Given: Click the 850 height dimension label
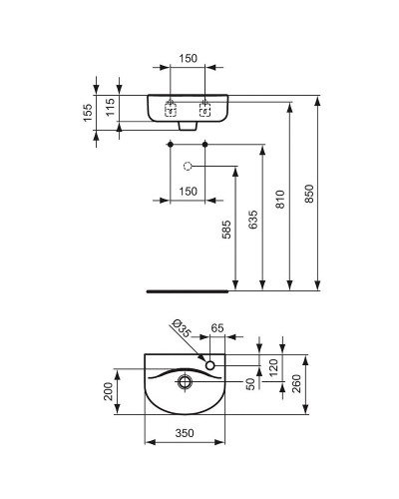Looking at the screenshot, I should pyautogui.click(x=309, y=196).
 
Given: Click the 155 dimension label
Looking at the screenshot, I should pyautogui.click(x=88, y=111).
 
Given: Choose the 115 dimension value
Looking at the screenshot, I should pyautogui.click(x=112, y=105).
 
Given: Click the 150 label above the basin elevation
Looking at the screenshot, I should pyautogui.click(x=188, y=60).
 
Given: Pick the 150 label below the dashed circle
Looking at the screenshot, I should pyautogui.click(x=188, y=191).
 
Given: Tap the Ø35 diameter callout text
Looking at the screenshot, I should pyautogui.click(x=181, y=328).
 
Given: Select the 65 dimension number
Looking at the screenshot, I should pyautogui.click(x=217, y=327).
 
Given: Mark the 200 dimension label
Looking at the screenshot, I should pyautogui.click(x=109, y=392).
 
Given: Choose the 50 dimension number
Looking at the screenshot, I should pyautogui.click(x=249, y=383).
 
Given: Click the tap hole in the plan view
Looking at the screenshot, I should pyautogui.click(x=211, y=366).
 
